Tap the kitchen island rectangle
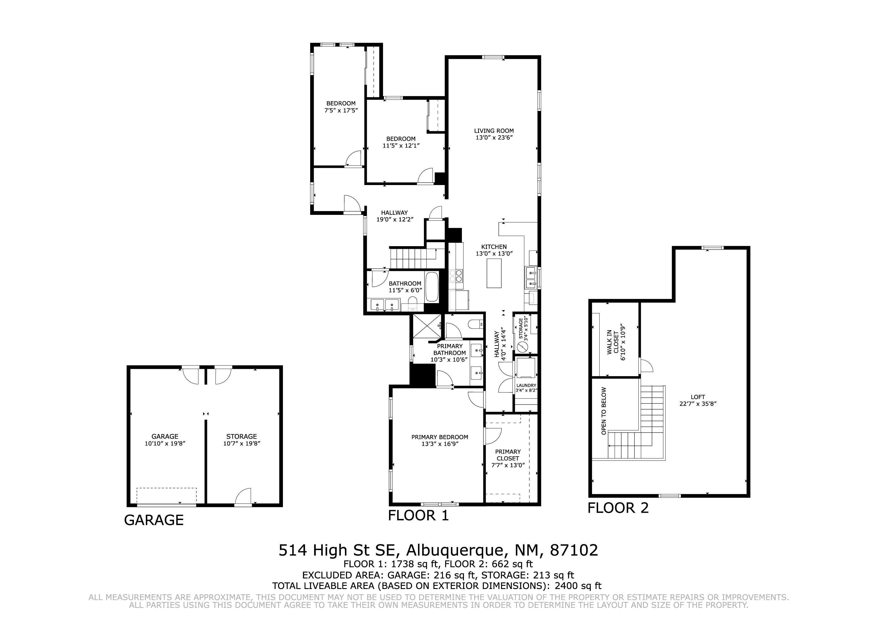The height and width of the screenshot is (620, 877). click(494, 273)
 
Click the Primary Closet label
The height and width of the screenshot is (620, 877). click(508, 458)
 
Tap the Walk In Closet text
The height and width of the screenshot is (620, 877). click(615, 342)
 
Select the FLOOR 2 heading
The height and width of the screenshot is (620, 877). click(618, 508)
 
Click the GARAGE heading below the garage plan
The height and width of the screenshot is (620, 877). click(154, 520)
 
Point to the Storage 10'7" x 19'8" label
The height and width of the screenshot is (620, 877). click(241, 440)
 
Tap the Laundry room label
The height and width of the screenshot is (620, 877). click(526, 388)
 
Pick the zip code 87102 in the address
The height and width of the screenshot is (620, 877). click(574, 550)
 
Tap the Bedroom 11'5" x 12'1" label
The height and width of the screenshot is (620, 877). click(401, 142)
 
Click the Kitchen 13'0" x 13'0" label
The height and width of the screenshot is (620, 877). click(494, 250)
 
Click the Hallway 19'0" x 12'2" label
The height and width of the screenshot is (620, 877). click(395, 216)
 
